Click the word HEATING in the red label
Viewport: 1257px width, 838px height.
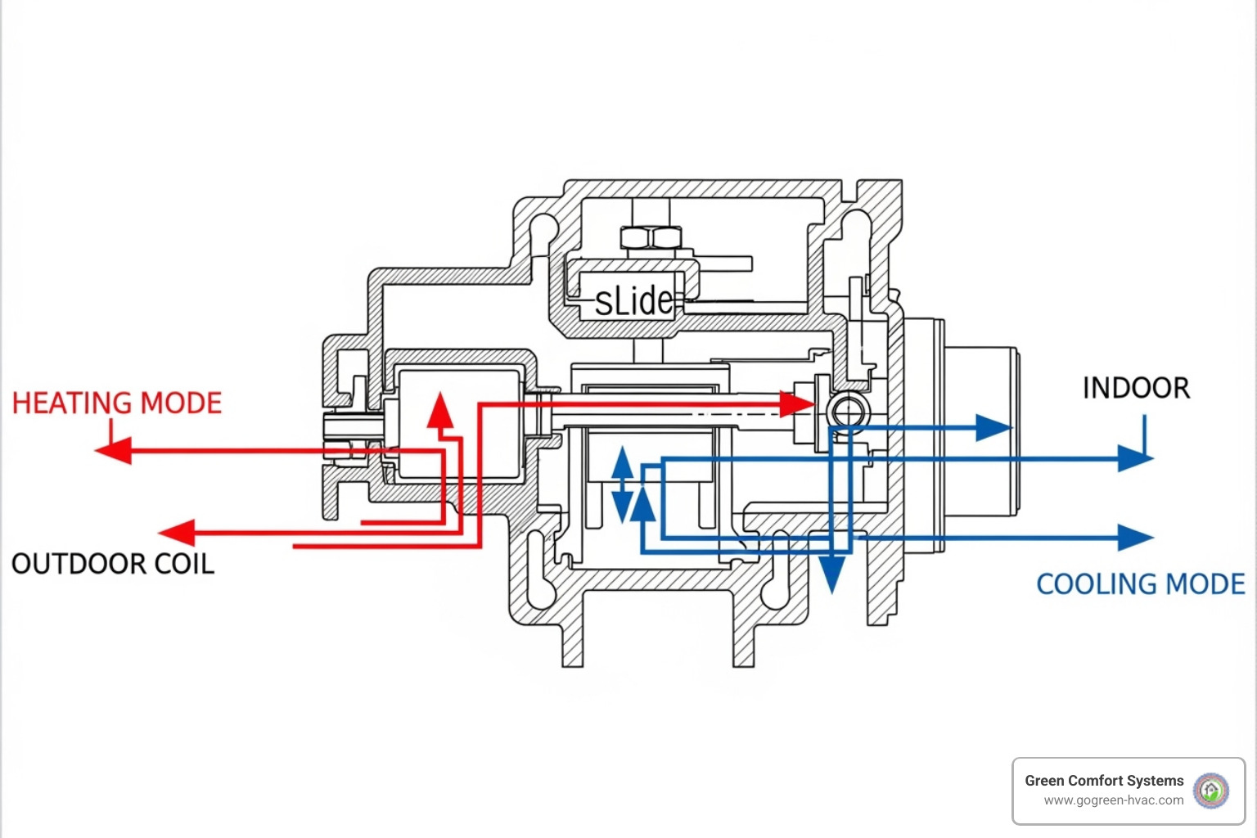click(72, 403)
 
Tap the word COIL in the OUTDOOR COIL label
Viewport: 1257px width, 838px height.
click(181, 564)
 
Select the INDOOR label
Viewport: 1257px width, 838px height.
click(1136, 388)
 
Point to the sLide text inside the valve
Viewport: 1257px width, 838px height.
click(633, 301)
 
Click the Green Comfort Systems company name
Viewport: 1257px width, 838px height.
click(1104, 781)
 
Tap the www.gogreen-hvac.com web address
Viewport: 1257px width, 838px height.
click(1113, 800)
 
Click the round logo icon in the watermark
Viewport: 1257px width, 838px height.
click(1211, 791)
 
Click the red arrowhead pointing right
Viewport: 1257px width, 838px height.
click(796, 403)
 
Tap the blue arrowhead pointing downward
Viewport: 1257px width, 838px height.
click(832, 574)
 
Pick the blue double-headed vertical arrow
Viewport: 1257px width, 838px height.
click(623, 484)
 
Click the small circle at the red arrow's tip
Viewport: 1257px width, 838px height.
click(848, 409)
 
